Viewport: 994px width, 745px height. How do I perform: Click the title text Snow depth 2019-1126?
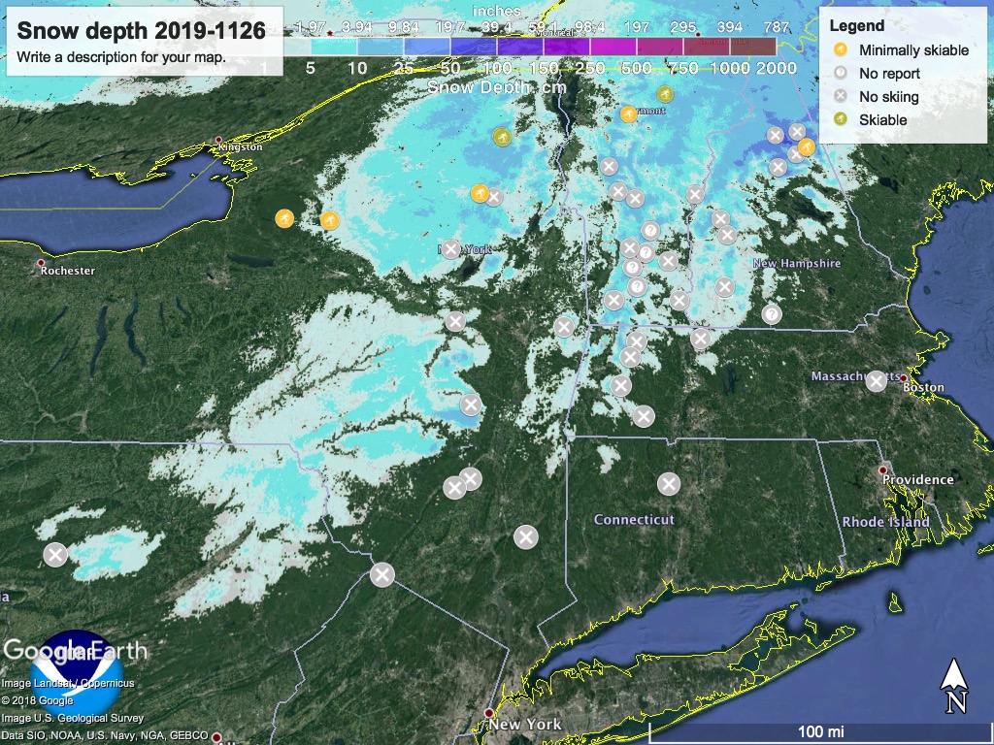click(142, 30)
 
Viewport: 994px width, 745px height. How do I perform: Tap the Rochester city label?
click(68, 271)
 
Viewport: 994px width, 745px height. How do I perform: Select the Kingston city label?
click(242, 146)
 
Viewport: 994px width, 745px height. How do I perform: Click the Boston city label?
click(923, 387)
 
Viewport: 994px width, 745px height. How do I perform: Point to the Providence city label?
click(917, 479)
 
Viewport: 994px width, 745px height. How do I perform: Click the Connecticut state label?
click(634, 520)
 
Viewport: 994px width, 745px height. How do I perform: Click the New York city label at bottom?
click(525, 725)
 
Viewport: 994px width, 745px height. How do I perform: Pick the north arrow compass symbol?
click(956, 684)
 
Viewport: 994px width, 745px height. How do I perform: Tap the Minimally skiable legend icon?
click(841, 49)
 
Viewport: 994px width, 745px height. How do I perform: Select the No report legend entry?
click(889, 73)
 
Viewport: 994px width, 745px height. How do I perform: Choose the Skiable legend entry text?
click(882, 119)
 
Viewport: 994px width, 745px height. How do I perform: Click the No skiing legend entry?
click(888, 96)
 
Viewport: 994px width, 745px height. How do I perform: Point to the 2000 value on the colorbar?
click(775, 68)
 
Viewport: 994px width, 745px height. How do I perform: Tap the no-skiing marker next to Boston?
click(876, 381)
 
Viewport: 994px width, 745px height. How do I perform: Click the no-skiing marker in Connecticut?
click(668, 483)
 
